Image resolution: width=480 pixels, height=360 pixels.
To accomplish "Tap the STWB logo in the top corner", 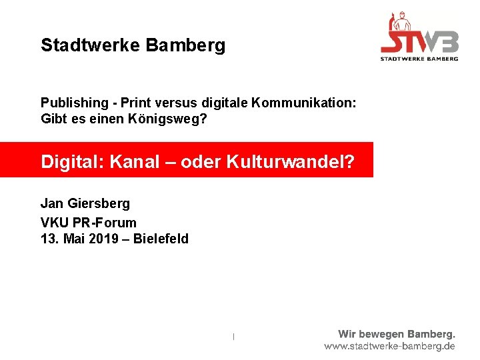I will [419, 39].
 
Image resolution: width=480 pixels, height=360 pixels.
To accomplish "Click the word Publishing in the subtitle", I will [73, 103].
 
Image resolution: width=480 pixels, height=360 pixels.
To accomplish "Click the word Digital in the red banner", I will [67, 162].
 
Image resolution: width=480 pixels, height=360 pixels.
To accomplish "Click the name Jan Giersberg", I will [85, 203].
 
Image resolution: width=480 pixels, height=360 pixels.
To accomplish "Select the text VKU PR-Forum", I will [88, 222].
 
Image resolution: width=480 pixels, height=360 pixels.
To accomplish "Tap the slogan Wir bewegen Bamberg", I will [396, 334].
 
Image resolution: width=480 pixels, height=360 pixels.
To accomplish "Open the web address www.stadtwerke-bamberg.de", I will [390, 347].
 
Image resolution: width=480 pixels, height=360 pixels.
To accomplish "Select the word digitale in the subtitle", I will [219, 103].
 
